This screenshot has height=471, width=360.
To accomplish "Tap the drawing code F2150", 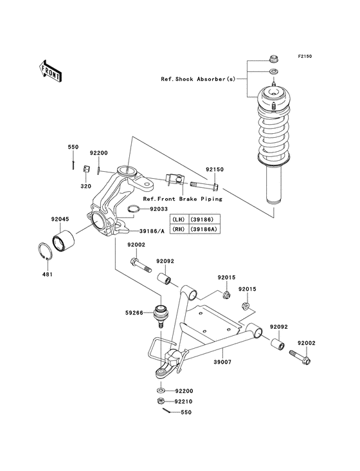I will point(304,57).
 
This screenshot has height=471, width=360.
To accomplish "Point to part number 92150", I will point(214,171).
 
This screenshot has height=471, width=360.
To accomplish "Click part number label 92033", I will point(159,209).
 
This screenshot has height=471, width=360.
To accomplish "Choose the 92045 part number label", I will point(60,218).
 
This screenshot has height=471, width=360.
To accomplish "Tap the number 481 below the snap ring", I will point(48,275).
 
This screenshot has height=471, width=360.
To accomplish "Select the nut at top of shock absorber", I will point(274,57).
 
